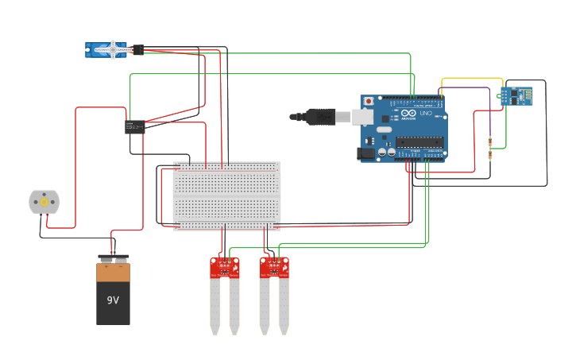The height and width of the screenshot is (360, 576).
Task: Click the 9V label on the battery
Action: coord(113,300)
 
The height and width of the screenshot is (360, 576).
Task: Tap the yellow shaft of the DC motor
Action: coord(44,202)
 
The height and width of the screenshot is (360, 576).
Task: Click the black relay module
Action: coord(135,126)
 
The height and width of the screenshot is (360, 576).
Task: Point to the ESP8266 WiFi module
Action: coord(517,95)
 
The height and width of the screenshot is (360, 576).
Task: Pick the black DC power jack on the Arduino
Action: coord(365,153)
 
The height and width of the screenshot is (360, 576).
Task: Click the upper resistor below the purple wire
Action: coord(491,143)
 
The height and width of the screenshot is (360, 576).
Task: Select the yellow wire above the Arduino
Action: coord(472,79)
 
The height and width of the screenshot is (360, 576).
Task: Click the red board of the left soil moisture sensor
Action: coord(224,267)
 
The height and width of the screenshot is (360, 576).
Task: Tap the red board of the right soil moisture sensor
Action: coord(274,267)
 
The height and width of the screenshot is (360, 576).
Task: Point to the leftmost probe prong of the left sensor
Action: coord(215,306)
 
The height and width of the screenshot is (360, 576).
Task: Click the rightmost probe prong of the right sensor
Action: coord(284,306)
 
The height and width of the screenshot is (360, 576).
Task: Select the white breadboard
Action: coord(226,195)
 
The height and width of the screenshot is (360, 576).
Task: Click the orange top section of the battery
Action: coord(113,273)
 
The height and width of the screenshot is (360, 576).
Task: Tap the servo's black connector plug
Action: coord(137,50)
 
